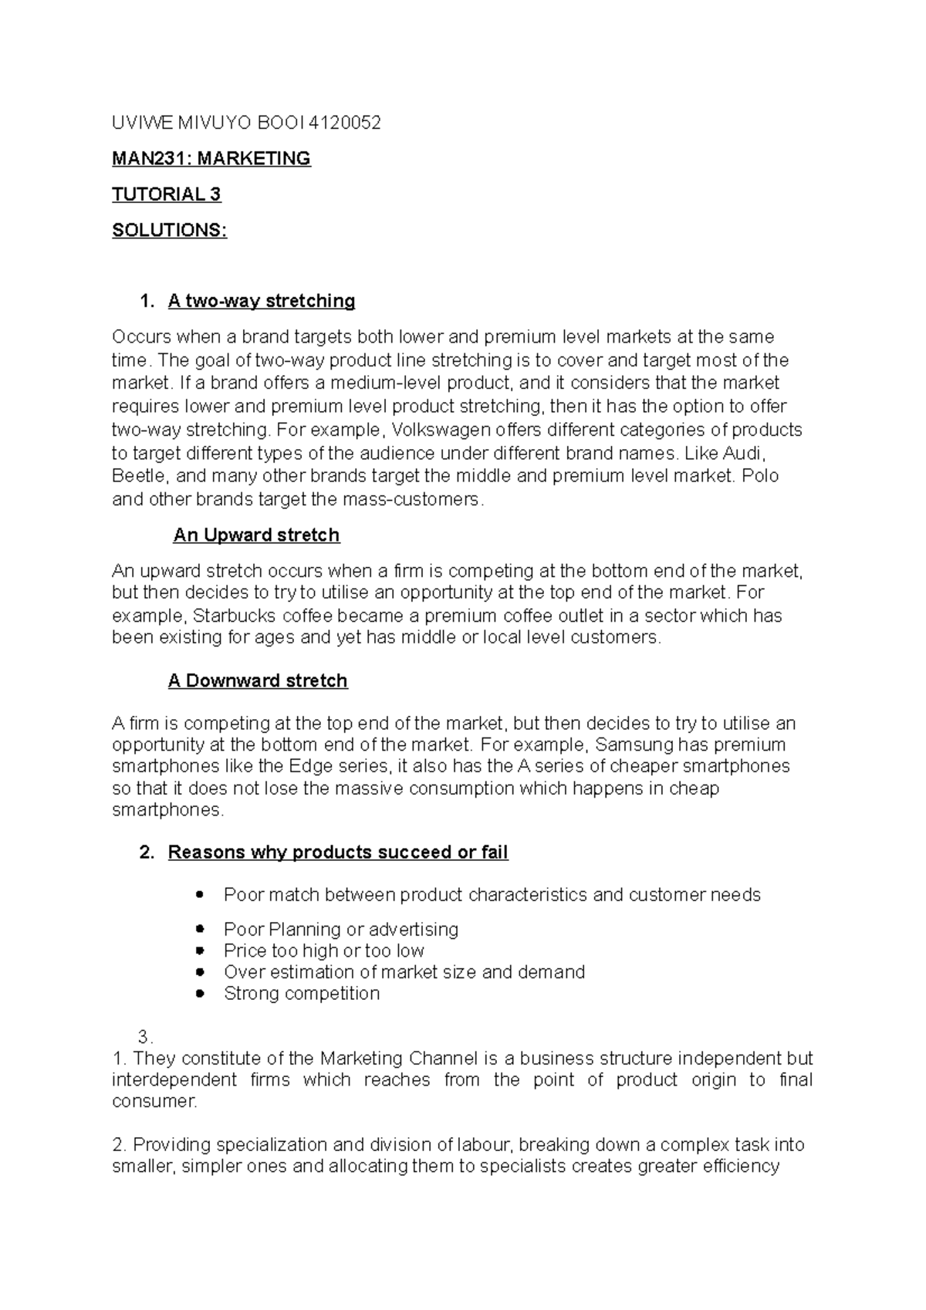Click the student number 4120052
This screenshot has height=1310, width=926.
coord(344,123)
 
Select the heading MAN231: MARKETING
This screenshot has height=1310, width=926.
coord(211,159)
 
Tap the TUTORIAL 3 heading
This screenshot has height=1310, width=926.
coord(167,194)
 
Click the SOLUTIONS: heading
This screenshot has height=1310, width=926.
coord(169,231)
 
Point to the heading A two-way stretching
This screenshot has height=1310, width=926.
coord(261,301)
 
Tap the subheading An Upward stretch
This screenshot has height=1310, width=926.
coord(256,535)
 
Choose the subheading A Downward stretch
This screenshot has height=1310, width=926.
coord(258,681)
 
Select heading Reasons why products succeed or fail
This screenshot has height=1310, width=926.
coord(338,853)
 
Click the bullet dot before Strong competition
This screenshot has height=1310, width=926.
coord(201,994)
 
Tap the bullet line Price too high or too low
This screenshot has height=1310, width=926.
coord(324,951)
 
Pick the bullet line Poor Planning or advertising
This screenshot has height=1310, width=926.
coord(341,930)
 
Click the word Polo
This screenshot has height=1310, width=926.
coord(759,476)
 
